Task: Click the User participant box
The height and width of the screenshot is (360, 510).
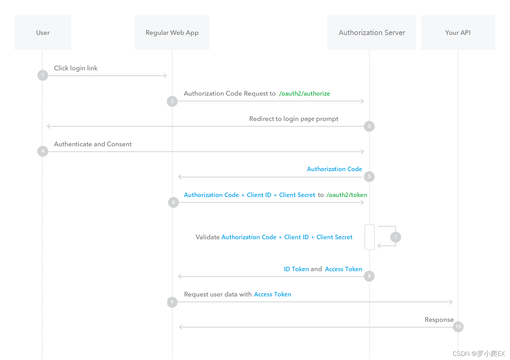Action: coord(43,33)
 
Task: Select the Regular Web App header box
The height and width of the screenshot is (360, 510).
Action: coord(172,33)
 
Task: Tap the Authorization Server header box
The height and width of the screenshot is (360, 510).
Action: coord(372,33)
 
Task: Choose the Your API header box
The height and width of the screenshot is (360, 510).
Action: coord(458,33)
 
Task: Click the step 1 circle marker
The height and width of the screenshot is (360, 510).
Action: coord(42,75)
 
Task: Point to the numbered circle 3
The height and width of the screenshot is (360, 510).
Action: coord(369,126)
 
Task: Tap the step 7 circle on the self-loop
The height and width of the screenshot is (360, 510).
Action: coord(395,237)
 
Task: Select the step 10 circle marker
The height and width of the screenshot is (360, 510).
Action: coord(458,327)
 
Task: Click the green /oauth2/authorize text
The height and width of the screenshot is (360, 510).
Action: coord(305,94)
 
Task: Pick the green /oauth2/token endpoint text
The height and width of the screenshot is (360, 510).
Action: coord(347,195)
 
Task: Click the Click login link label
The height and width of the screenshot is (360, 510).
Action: coord(75,68)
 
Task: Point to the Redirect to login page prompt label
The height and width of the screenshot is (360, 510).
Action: coord(294,119)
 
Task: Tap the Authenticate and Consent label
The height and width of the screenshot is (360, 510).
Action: coord(93,144)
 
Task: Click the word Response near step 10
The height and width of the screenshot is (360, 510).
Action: coord(439,320)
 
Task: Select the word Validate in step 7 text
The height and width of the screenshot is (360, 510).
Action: coord(207,237)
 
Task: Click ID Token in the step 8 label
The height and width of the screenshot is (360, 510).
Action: coord(296,269)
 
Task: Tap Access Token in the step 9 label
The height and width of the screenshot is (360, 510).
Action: coord(273,294)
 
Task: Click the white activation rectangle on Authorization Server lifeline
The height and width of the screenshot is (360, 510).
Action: coord(369,237)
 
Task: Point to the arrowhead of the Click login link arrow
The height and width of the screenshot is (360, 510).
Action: coord(167,76)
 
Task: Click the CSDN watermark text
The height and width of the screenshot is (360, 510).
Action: coord(478,354)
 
